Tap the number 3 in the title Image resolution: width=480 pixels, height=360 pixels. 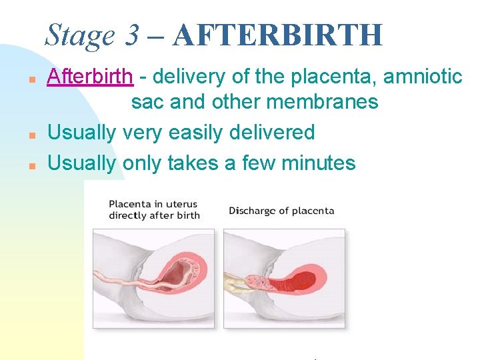pyautogui.click(x=131, y=35)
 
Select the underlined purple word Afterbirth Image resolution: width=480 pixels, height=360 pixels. pyautogui.click(x=90, y=77)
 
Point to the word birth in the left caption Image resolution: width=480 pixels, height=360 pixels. pyautogui.click(x=187, y=215)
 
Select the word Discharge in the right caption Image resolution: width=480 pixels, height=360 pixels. pyautogui.click(x=253, y=211)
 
